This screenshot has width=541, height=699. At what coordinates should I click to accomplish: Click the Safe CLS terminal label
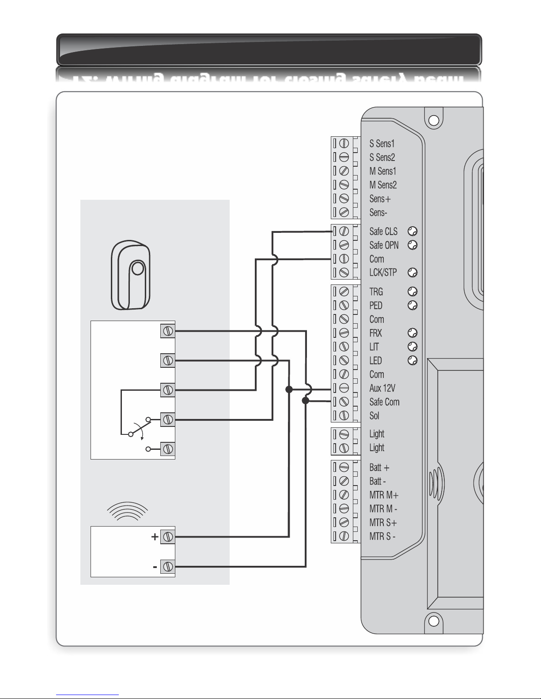[x=383, y=232]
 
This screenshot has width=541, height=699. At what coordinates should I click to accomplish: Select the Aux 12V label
[x=382, y=388]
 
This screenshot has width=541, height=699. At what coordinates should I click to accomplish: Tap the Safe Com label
[x=384, y=402]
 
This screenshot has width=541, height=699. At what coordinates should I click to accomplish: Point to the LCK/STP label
[x=383, y=273]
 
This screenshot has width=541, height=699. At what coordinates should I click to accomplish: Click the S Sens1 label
[x=382, y=143]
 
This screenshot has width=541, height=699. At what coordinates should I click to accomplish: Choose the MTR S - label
[x=382, y=537]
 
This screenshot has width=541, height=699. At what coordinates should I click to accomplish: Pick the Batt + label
[x=379, y=467]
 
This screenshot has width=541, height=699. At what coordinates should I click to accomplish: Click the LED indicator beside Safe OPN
[x=412, y=245]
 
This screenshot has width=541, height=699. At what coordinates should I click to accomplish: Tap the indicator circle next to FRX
[x=412, y=333]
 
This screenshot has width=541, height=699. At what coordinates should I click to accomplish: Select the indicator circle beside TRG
[x=412, y=292]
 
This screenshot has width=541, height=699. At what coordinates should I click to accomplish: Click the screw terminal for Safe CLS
[x=344, y=231]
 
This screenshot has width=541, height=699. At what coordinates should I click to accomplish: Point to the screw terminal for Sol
[x=344, y=415]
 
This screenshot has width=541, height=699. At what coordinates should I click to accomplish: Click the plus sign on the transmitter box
[x=155, y=537]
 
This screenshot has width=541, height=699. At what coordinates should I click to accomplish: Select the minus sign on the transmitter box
[x=155, y=567]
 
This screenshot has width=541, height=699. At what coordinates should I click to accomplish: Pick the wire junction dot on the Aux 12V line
[x=289, y=389]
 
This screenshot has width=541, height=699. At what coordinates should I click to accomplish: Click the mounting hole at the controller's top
[x=434, y=120]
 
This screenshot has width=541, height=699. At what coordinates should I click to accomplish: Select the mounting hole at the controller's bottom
[x=434, y=621]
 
